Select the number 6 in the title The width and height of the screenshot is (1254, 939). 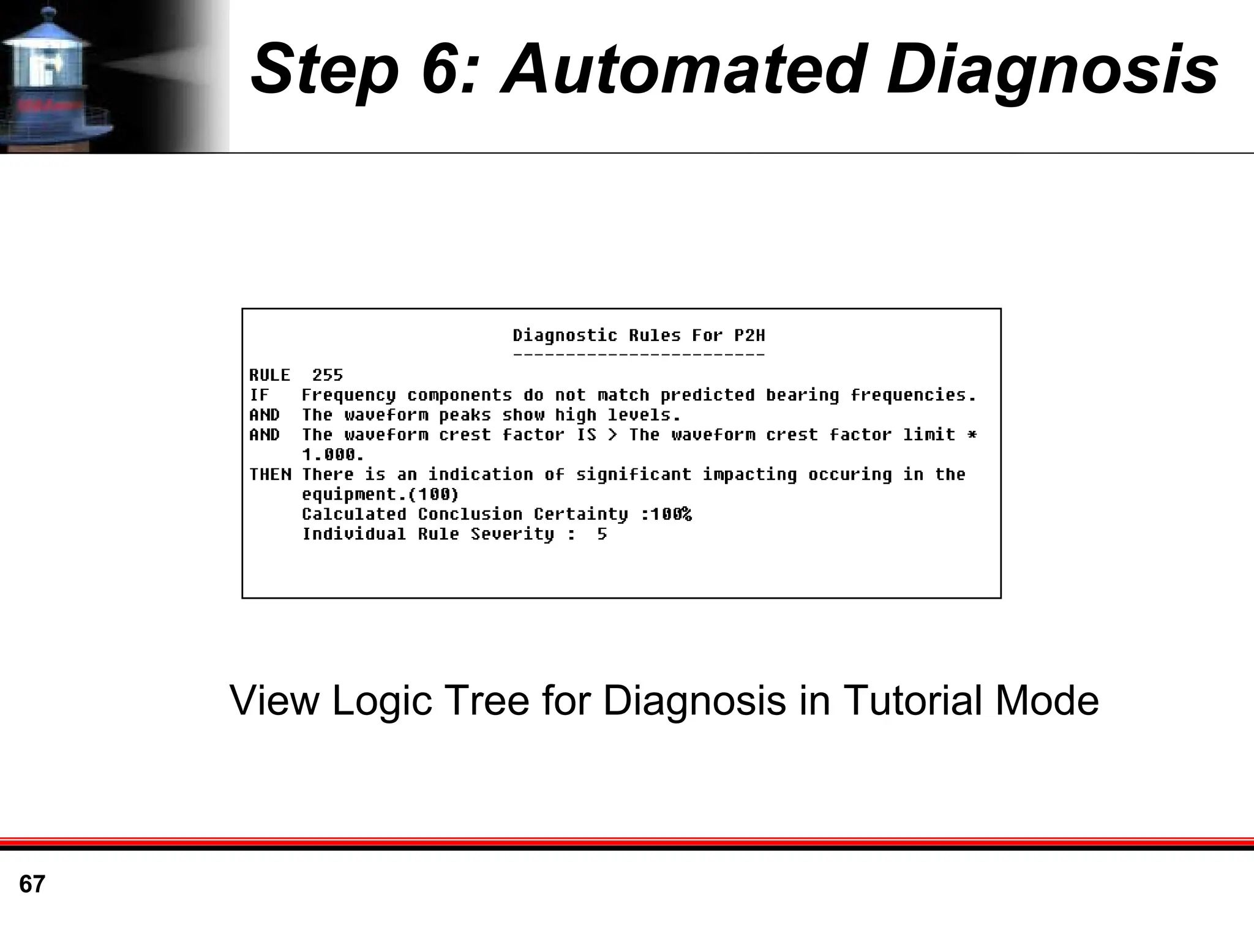(440, 69)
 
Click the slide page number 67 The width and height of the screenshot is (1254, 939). (32, 885)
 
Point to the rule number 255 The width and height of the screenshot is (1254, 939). (328, 375)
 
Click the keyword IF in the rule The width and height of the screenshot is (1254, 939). (259, 395)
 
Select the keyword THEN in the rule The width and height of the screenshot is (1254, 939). (270, 474)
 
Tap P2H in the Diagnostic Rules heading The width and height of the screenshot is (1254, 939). (749, 335)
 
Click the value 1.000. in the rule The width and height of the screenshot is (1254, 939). (333, 455)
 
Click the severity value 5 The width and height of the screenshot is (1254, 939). (602, 534)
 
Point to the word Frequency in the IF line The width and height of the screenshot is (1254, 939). (348, 395)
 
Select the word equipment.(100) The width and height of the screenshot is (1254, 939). (380, 495)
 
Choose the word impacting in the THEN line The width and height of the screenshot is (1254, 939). (749, 475)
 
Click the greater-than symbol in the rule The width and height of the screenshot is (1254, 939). (612, 435)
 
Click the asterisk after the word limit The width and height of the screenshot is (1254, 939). (971, 435)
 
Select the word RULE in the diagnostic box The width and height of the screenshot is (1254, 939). (269, 375)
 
